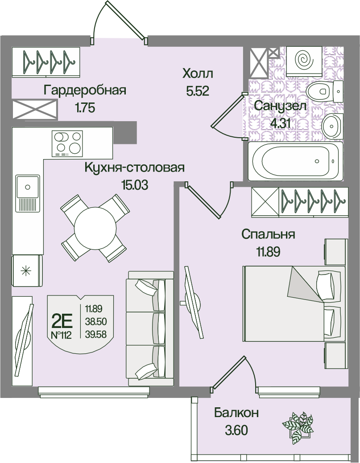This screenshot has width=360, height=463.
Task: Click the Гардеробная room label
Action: click(x=85, y=90)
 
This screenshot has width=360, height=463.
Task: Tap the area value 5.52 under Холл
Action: click(x=198, y=91)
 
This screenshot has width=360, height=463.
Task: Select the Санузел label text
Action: click(x=280, y=106)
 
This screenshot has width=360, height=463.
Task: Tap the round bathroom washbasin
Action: click(x=332, y=125)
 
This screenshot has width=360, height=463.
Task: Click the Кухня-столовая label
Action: click(x=134, y=168)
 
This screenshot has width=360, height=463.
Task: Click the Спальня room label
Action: click(x=269, y=234)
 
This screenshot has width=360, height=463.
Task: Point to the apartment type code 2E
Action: click(x=62, y=320)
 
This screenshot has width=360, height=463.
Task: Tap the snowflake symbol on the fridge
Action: click(x=27, y=270)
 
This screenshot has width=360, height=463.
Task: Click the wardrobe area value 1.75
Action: click(x=85, y=107)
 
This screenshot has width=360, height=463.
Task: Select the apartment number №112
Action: click(x=61, y=335)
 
